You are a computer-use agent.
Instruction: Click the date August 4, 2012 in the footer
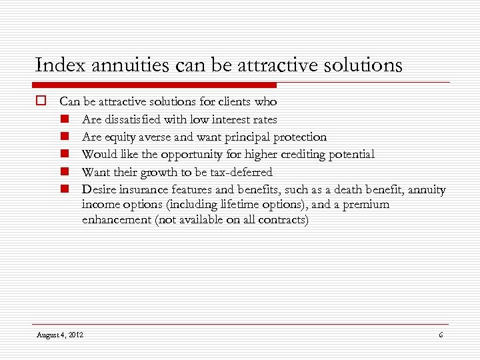pos(60,334)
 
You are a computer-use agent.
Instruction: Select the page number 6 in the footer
pos(441,334)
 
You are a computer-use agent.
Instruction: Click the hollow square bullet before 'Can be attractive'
pos(41,102)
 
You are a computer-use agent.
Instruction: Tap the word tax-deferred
pos(241,172)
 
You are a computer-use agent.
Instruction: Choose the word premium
pos(365,204)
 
